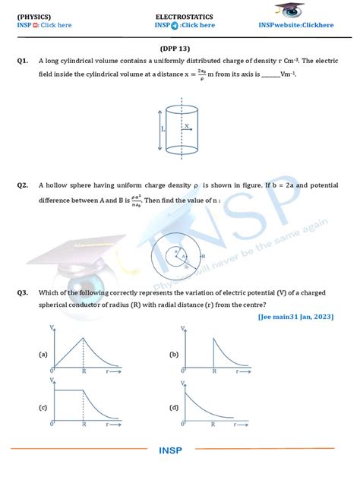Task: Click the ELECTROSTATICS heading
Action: [x=184, y=16]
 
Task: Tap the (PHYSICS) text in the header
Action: [x=36, y=16]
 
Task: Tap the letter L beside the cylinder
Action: [x=163, y=131]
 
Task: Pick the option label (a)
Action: [x=43, y=355]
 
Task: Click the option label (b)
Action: [x=174, y=355]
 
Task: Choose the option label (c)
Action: [x=43, y=408]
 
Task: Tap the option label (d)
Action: [x=174, y=408]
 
